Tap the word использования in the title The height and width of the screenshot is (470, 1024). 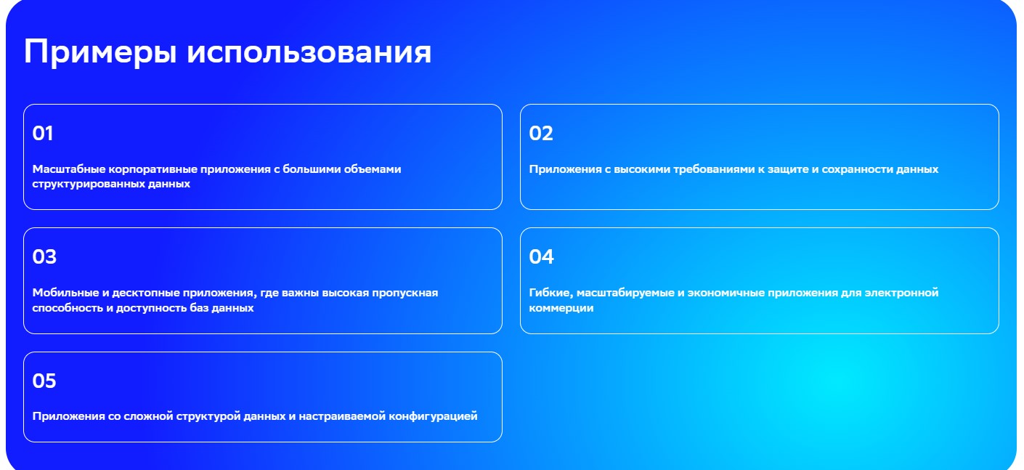click(x=309, y=52)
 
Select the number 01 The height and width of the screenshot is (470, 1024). click(x=43, y=134)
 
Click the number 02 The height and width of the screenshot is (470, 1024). click(x=541, y=134)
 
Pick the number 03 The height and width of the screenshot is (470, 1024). click(x=44, y=257)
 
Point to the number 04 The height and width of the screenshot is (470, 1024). click(x=541, y=257)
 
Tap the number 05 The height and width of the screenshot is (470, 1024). click(x=44, y=381)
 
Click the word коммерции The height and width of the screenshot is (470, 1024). click(x=561, y=308)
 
